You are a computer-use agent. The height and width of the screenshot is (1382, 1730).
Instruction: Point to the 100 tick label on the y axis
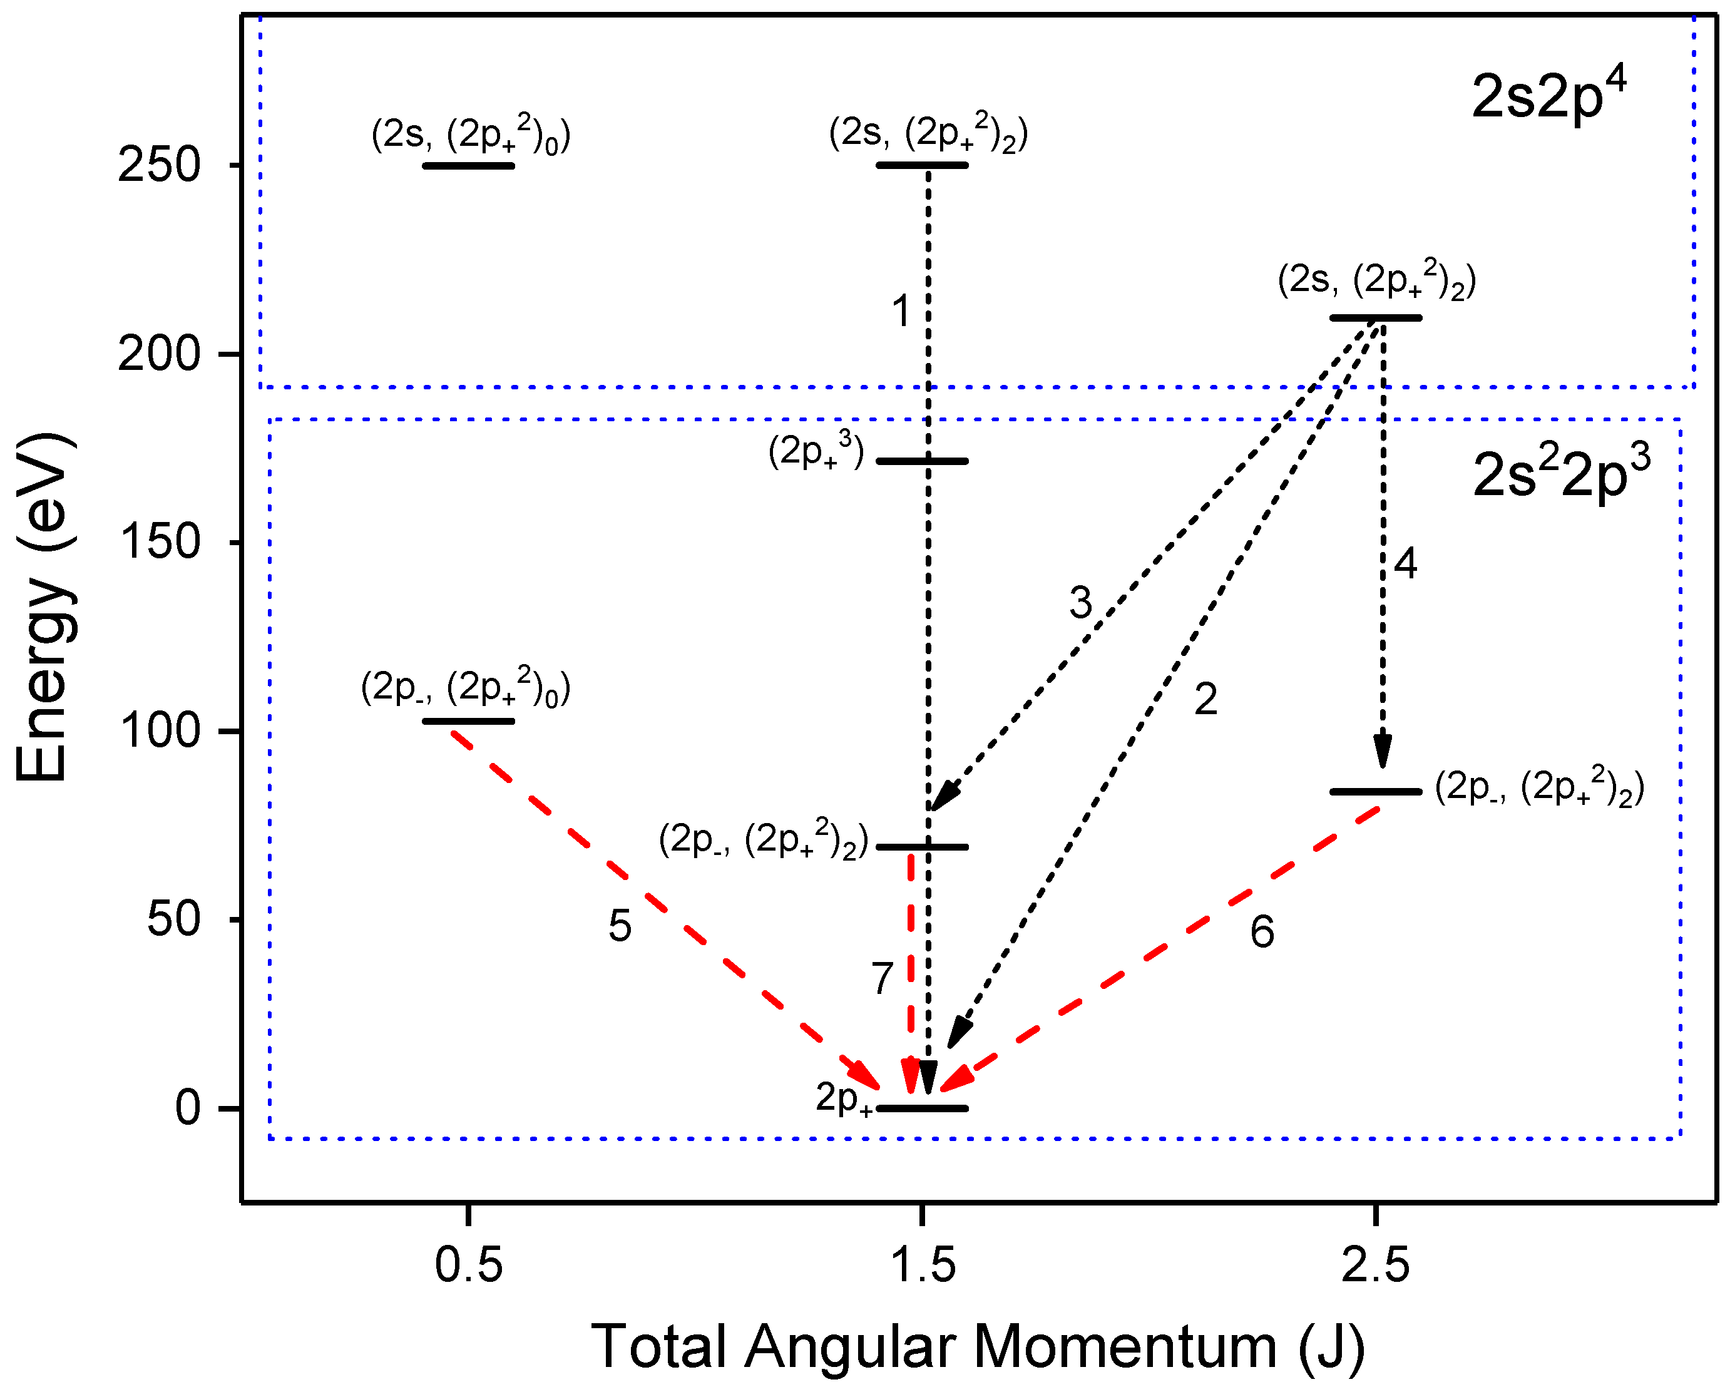tap(160, 730)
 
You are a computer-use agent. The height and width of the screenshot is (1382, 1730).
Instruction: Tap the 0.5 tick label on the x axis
tap(469, 1266)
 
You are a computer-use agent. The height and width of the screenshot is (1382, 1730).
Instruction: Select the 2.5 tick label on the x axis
tap(1375, 1266)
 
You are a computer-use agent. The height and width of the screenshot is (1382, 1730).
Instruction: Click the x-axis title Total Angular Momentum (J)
tap(977, 1346)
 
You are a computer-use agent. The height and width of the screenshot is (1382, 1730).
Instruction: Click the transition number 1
tap(901, 310)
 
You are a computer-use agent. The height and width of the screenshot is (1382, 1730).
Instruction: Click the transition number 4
tap(1405, 563)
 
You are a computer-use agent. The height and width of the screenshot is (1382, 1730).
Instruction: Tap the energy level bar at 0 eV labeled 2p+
tap(922, 1108)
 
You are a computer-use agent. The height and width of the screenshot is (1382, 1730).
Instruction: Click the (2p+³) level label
tap(816, 451)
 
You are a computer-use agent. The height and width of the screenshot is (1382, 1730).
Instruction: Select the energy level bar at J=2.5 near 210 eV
tap(1375, 318)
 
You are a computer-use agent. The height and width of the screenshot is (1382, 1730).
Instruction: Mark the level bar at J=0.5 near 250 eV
tap(469, 166)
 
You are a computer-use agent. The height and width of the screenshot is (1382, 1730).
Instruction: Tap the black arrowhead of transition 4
tap(1382, 751)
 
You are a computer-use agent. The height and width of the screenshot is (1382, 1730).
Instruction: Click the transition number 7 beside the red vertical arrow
tap(883, 978)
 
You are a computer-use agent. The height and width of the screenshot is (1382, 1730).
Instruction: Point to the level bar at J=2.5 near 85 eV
tap(1375, 791)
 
